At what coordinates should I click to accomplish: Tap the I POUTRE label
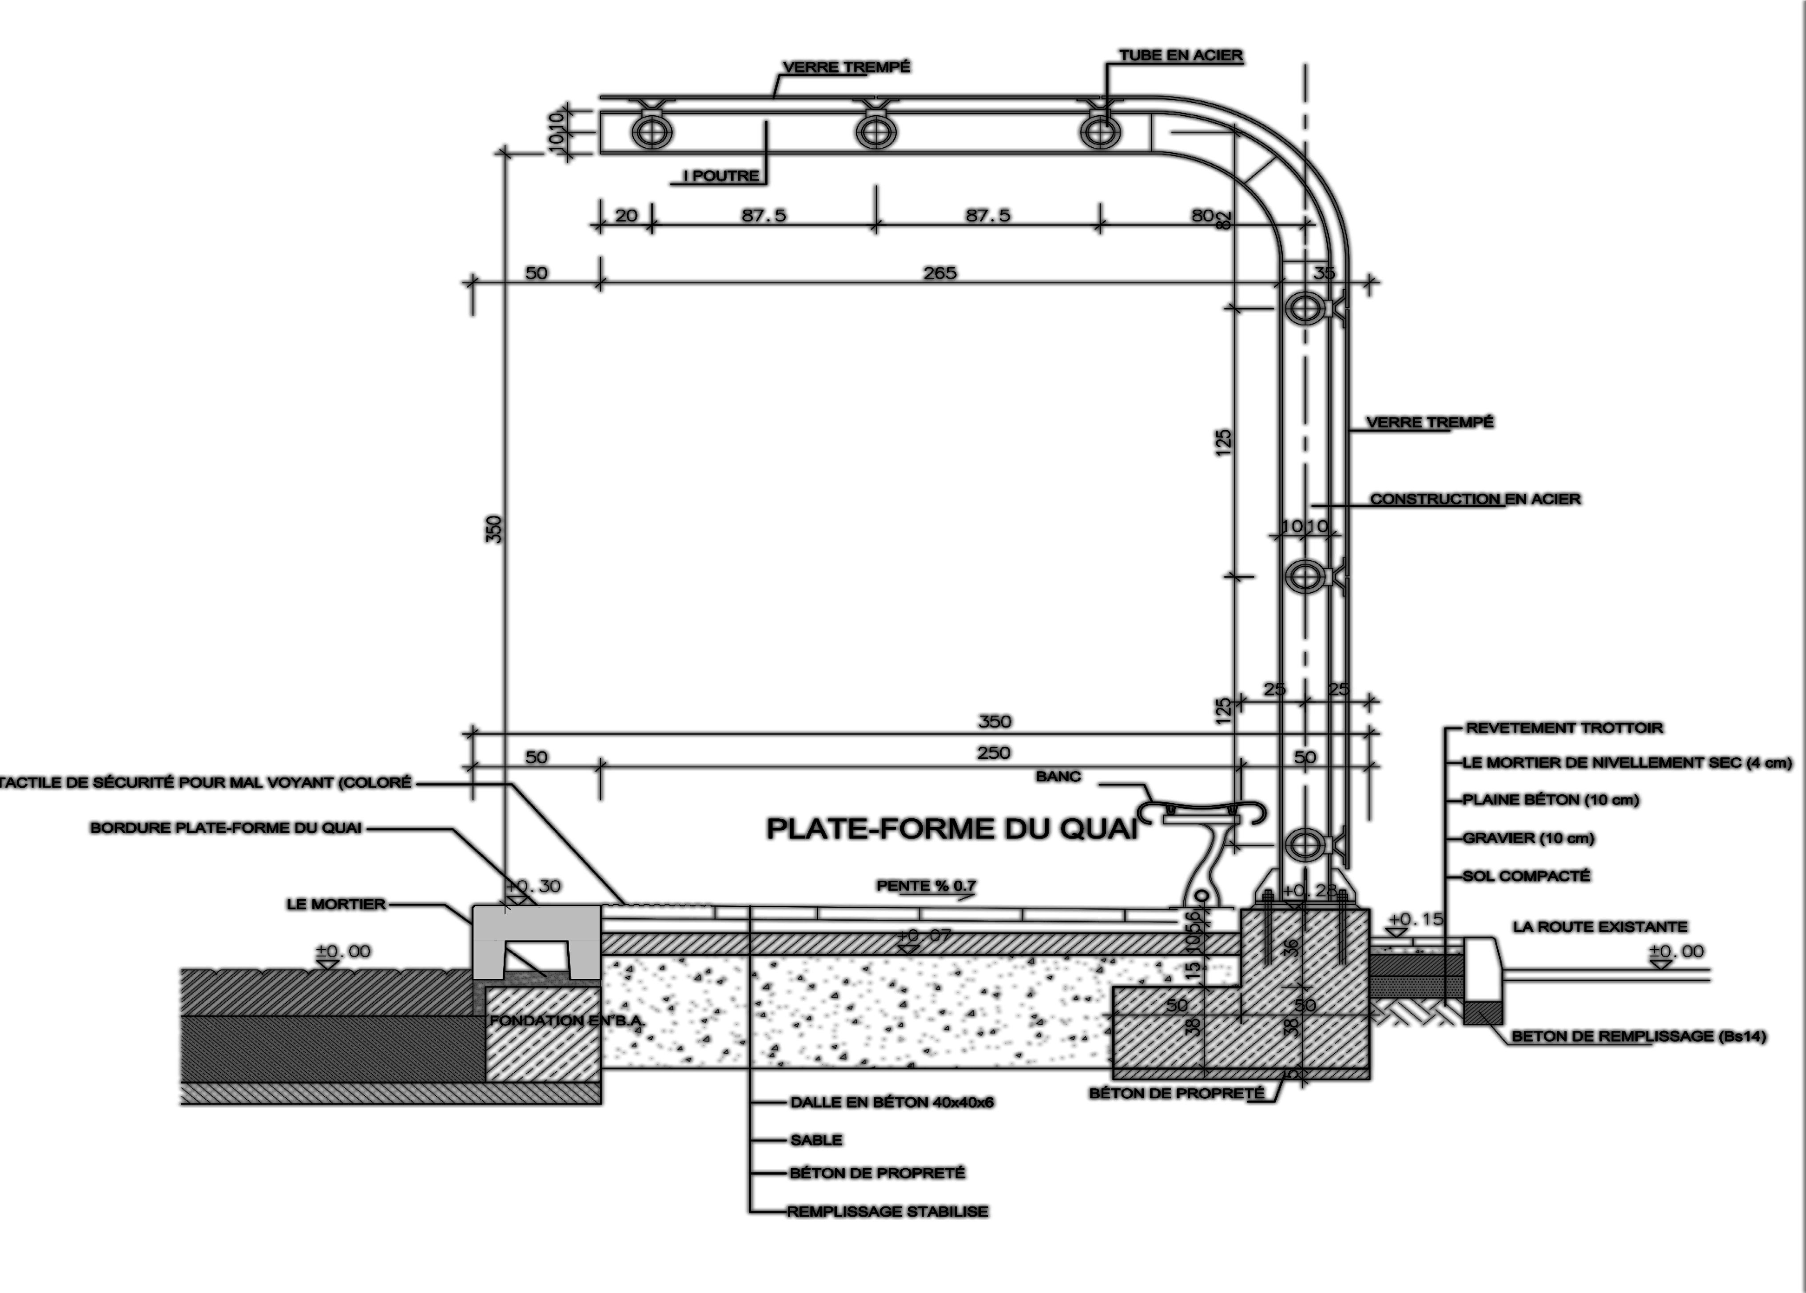pyautogui.click(x=721, y=176)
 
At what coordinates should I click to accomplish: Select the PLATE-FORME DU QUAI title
pyautogui.click(x=951, y=829)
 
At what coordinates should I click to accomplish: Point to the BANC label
pyautogui.click(x=1058, y=776)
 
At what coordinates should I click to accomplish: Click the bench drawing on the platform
pyautogui.click(x=1202, y=844)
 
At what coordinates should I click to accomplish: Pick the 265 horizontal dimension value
pyautogui.click(x=939, y=273)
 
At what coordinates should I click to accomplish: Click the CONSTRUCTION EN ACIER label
pyautogui.click(x=1475, y=499)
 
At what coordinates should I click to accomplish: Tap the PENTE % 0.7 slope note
pyautogui.click(x=926, y=885)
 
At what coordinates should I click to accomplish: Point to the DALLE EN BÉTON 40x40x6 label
pyautogui.click(x=892, y=1103)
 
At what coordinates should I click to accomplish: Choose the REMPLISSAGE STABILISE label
pyautogui.click(x=888, y=1212)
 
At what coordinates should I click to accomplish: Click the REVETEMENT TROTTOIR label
pyautogui.click(x=1564, y=728)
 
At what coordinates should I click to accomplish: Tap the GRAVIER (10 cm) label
pyautogui.click(x=1528, y=837)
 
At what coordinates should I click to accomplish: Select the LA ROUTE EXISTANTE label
pyautogui.click(x=1600, y=927)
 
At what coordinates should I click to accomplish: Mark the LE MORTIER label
pyautogui.click(x=336, y=904)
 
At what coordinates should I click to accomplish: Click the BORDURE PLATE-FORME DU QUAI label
pyautogui.click(x=226, y=828)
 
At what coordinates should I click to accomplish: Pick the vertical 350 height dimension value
pyautogui.click(x=494, y=529)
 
